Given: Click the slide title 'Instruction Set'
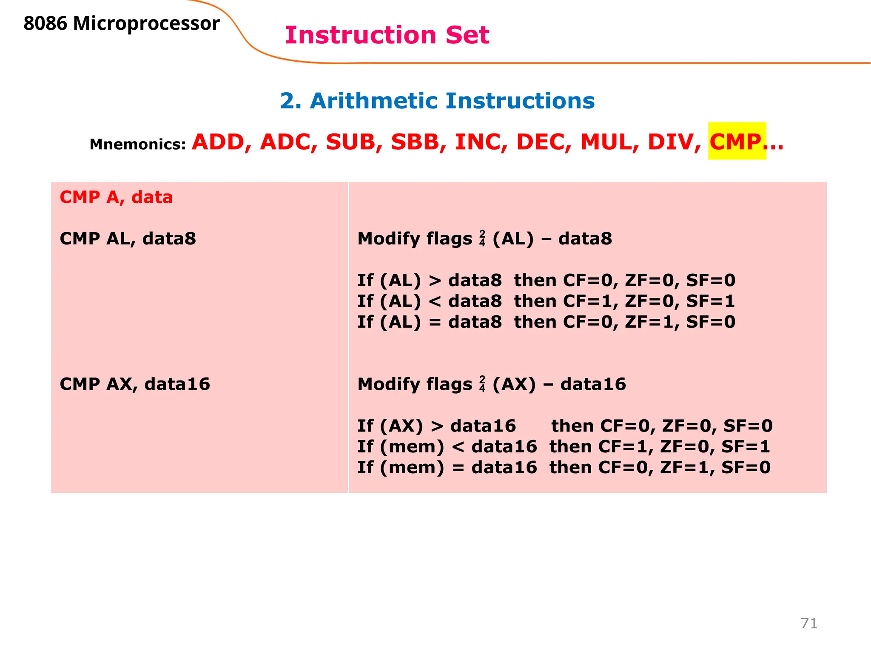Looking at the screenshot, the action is pos(387,35).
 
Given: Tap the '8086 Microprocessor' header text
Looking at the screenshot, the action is pos(122,23).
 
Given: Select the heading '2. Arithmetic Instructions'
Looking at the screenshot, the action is pos(437,101).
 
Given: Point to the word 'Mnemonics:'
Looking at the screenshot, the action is pos(138,145).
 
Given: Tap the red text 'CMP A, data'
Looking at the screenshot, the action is pos(116,197).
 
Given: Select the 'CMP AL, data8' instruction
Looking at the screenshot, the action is pos(128,238).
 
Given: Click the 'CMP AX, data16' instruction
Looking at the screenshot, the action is pos(135,384).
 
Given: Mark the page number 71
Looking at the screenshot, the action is pos(809,623).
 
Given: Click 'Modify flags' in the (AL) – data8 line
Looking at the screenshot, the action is pos(415,238).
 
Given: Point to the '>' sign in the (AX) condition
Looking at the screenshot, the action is pos(437,426).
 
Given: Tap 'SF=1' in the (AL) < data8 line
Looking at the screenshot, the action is pos(711,301).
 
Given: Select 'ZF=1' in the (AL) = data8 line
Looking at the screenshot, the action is pos(649,322).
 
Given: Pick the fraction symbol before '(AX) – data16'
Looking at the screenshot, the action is pos(482,384).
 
